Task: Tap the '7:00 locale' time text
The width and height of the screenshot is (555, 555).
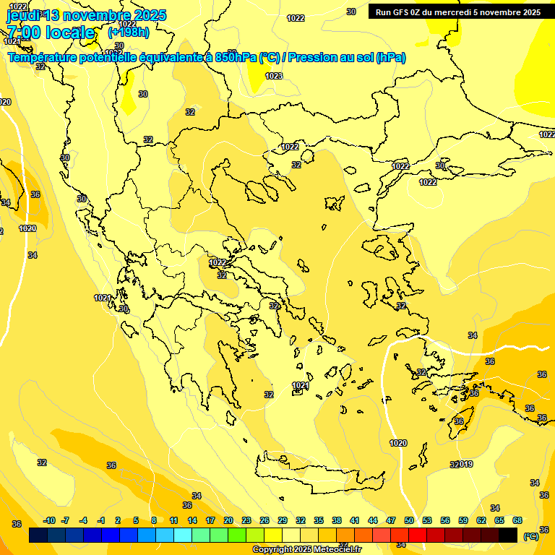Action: [x=51, y=33]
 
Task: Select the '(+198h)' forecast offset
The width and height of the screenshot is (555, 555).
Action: [x=129, y=33]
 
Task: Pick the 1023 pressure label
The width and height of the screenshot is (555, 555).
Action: [x=274, y=76]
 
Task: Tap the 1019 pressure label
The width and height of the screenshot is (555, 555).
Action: [x=465, y=464]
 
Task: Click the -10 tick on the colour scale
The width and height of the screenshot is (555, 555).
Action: [x=49, y=520]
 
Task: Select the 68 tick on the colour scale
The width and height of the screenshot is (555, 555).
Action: [x=517, y=520]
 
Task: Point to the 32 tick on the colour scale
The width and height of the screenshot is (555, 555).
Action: [x=301, y=520]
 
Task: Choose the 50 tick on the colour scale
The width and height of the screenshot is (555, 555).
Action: [x=409, y=520]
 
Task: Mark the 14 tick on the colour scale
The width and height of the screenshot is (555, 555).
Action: [x=192, y=520]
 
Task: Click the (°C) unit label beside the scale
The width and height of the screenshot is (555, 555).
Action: [x=530, y=536]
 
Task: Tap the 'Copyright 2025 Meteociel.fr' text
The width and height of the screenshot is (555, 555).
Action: [x=306, y=550]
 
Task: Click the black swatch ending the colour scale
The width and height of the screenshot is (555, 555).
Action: [x=508, y=535]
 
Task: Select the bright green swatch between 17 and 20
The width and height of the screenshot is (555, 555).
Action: [x=219, y=535]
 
